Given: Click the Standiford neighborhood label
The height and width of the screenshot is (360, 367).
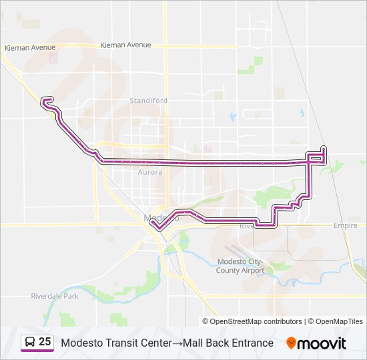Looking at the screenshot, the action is pyautogui.click(x=149, y=101).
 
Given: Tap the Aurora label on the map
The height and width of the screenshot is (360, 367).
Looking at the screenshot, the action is pyautogui.click(x=149, y=172).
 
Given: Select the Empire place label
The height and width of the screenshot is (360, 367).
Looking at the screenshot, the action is pyautogui.click(x=346, y=226).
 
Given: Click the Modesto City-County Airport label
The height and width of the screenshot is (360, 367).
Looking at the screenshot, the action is pyautogui.click(x=240, y=266).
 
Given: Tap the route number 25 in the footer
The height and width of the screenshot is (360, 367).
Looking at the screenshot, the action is pyautogui.click(x=45, y=342).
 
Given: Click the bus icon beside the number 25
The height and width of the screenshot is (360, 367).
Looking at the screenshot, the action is pyautogui.click(x=30, y=343).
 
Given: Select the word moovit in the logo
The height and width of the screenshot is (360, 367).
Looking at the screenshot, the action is pyautogui.click(x=322, y=343).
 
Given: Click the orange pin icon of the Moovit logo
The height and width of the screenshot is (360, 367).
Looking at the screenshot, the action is pyautogui.click(x=291, y=343).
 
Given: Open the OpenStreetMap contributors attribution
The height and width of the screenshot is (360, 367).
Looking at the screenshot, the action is pyautogui.click(x=256, y=321).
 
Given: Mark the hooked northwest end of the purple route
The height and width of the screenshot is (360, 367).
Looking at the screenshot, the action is pyautogui.click(x=44, y=101).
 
